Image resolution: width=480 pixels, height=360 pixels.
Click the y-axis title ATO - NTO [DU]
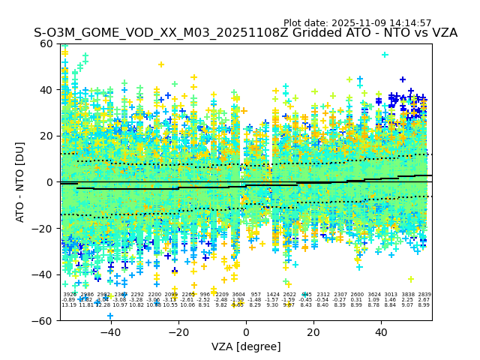(x=21, y=181)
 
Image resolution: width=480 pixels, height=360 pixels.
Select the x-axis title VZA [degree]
(x=246, y=346)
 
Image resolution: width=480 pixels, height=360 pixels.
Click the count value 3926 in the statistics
(x=70, y=295)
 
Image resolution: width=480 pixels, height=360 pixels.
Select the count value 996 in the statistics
(x=205, y=295)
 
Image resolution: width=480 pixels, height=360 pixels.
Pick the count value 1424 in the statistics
(x=272, y=295)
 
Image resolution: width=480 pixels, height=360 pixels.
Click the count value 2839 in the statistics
(x=424, y=295)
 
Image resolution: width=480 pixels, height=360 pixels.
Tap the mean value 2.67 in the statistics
(x=424, y=300)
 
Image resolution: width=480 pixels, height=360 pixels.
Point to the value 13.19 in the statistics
(x=69, y=305)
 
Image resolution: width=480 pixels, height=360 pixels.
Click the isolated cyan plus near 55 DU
(x=385, y=55)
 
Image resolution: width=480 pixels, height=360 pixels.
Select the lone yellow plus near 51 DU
(x=161, y=64)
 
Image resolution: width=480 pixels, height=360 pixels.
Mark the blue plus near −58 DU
(x=110, y=316)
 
